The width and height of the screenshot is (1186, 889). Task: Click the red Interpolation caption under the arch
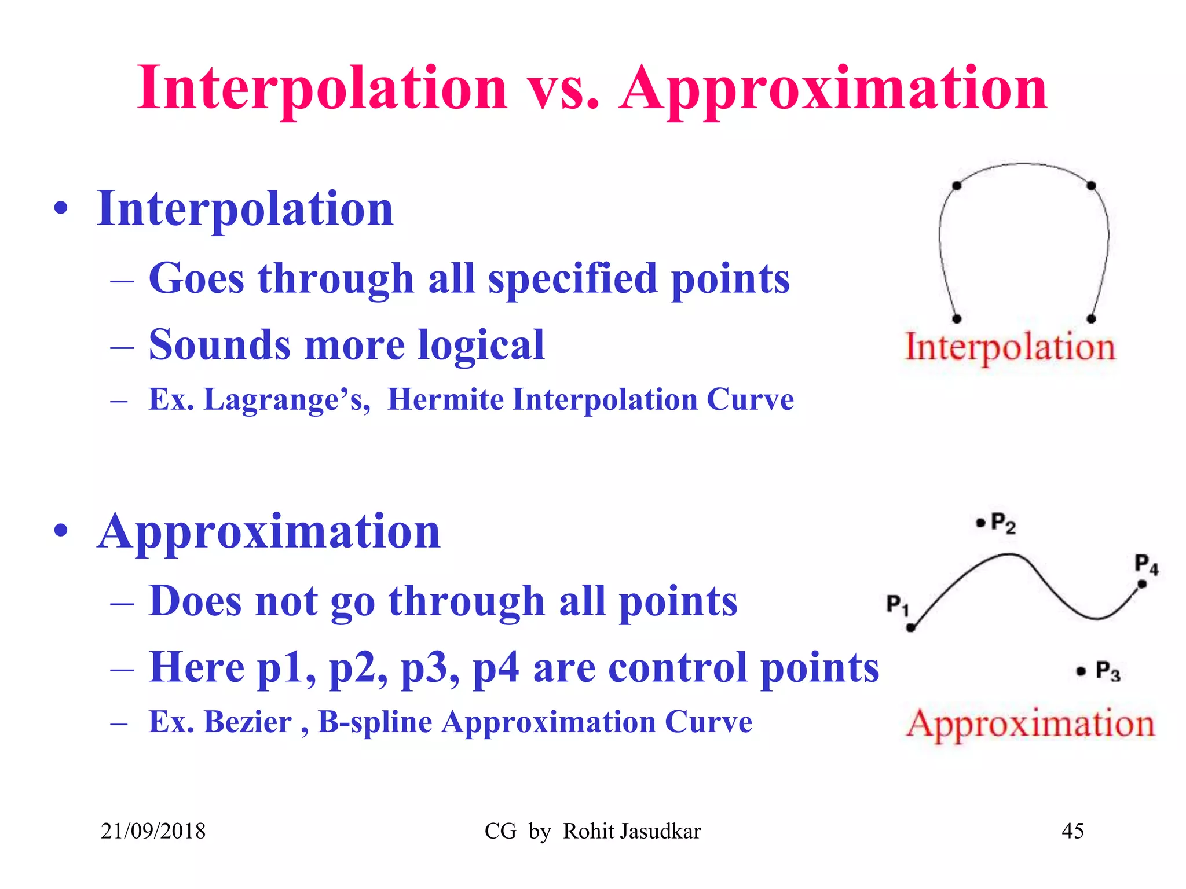[x=1010, y=347]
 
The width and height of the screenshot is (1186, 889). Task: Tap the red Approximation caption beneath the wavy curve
[x=1030, y=723]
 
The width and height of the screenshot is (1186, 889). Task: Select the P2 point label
[x=1002, y=523]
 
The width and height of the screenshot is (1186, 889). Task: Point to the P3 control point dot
[x=1081, y=671]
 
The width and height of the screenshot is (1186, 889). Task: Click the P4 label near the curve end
[x=1146, y=564]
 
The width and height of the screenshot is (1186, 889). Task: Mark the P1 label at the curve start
[x=897, y=605]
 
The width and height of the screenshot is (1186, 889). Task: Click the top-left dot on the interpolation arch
[x=957, y=186]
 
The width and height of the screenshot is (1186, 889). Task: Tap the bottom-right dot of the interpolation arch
[x=1091, y=319]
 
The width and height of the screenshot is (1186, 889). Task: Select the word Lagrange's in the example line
[x=287, y=400]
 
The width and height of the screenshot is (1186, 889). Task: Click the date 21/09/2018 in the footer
[x=153, y=831]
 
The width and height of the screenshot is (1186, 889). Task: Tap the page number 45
[x=1072, y=831]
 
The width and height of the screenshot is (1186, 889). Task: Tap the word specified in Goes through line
[x=573, y=279]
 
